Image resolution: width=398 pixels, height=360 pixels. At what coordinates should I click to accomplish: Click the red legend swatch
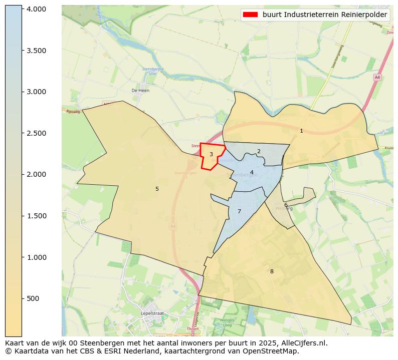point(250,15)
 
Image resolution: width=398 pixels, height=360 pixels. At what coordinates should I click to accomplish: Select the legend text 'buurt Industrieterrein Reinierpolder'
point(324,15)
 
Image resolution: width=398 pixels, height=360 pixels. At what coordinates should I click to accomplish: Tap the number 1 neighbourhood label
point(301,131)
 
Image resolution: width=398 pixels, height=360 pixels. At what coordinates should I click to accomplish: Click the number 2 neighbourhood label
point(259,151)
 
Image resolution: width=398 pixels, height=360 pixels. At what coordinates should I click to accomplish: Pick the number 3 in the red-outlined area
point(211,154)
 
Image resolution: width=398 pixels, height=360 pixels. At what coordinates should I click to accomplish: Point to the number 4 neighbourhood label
point(252,172)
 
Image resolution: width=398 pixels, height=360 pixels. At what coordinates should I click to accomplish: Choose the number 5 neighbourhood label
point(157,189)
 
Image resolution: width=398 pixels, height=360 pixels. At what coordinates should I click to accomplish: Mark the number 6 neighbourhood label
point(286,205)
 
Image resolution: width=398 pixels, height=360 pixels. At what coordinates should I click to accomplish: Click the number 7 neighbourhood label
point(239,211)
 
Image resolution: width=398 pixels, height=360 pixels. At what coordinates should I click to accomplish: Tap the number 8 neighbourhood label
point(272,271)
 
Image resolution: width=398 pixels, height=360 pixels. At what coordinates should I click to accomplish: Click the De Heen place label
point(140,91)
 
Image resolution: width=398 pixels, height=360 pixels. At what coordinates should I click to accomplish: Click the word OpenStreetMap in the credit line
point(275,351)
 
